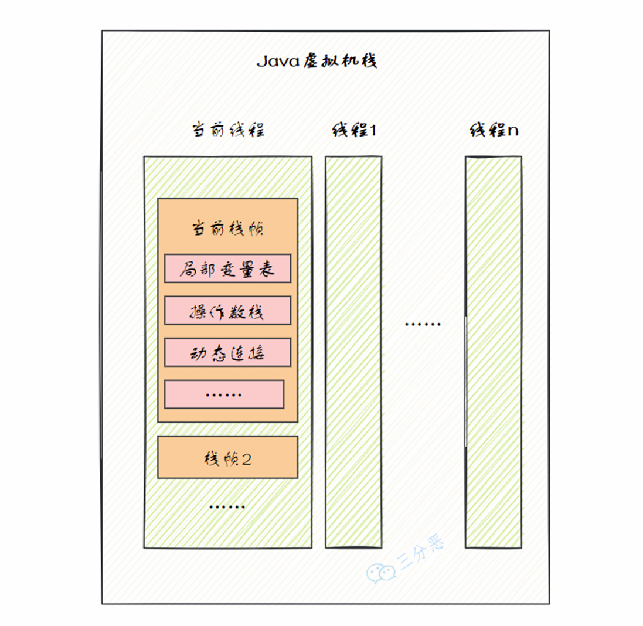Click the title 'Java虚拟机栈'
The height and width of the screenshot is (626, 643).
tap(317, 62)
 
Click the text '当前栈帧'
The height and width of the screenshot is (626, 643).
tap(228, 229)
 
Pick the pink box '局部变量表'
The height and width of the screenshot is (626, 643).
tap(227, 268)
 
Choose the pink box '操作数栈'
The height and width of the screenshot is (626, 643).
tap(227, 311)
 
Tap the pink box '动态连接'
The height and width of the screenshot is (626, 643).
tap(227, 353)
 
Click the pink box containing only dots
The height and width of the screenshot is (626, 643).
tap(224, 394)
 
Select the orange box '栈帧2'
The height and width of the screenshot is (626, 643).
tap(227, 457)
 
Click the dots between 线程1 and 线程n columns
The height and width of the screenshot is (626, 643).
tap(423, 324)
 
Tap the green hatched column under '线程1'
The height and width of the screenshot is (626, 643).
tap(353, 352)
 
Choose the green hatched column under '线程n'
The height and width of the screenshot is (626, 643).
tap(493, 352)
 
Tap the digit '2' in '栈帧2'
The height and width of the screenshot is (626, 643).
tap(247, 458)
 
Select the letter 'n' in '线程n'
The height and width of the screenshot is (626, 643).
tap(512, 131)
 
